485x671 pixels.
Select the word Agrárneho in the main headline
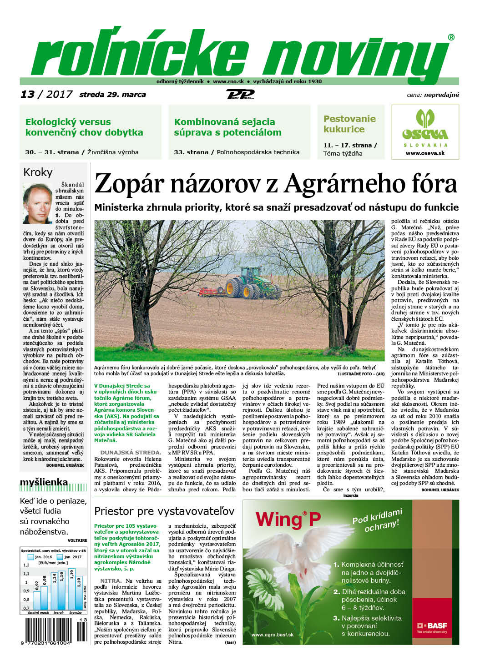pyautogui.click(x=352, y=184)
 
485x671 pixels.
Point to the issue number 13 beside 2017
pyautogui.click(x=27, y=94)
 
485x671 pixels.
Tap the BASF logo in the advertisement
pyautogui.click(x=432, y=626)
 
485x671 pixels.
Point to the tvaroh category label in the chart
pyautogui.click(x=58, y=612)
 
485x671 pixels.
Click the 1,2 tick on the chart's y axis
pyautogui.click(x=26, y=565)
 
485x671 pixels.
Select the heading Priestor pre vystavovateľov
pyautogui.click(x=164, y=510)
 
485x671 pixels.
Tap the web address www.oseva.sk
pyautogui.click(x=425, y=153)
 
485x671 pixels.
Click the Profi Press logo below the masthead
pyautogui.click(x=240, y=95)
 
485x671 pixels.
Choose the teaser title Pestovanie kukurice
pyautogui.click(x=349, y=124)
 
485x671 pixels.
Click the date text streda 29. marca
pyautogui.click(x=112, y=95)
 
